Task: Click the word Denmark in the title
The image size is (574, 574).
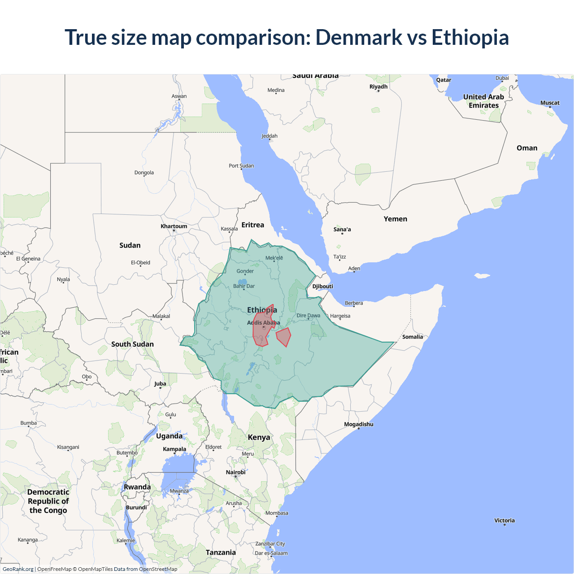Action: tap(359, 37)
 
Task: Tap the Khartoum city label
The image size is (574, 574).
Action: tap(174, 226)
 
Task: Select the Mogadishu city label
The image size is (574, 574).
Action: tap(358, 424)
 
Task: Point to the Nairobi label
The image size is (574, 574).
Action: tap(235, 472)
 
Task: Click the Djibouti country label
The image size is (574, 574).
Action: tap(322, 287)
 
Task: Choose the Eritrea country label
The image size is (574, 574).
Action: tap(252, 225)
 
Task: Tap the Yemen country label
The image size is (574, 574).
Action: tap(395, 219)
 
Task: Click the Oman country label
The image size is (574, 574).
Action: tap(526, 148)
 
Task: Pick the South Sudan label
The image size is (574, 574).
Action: tap(132, 344)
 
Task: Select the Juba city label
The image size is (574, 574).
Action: tap(160, 383)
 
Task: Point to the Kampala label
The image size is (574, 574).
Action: tap(174, 449)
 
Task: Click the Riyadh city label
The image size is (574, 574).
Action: tap(378, 87)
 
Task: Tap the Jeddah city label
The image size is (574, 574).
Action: tap(270, 136)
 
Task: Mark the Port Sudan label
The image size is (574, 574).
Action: tap(241, 166)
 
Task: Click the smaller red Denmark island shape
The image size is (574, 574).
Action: tap(284, 336)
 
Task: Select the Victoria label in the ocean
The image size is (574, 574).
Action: tap(504, 521)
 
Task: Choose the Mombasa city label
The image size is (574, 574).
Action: tap(277, 513)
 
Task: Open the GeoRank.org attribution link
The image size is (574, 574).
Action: tap(18, 569)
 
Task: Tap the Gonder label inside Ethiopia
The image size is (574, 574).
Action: tap(245, 271)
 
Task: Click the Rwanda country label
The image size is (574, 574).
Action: tap(137, 487)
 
